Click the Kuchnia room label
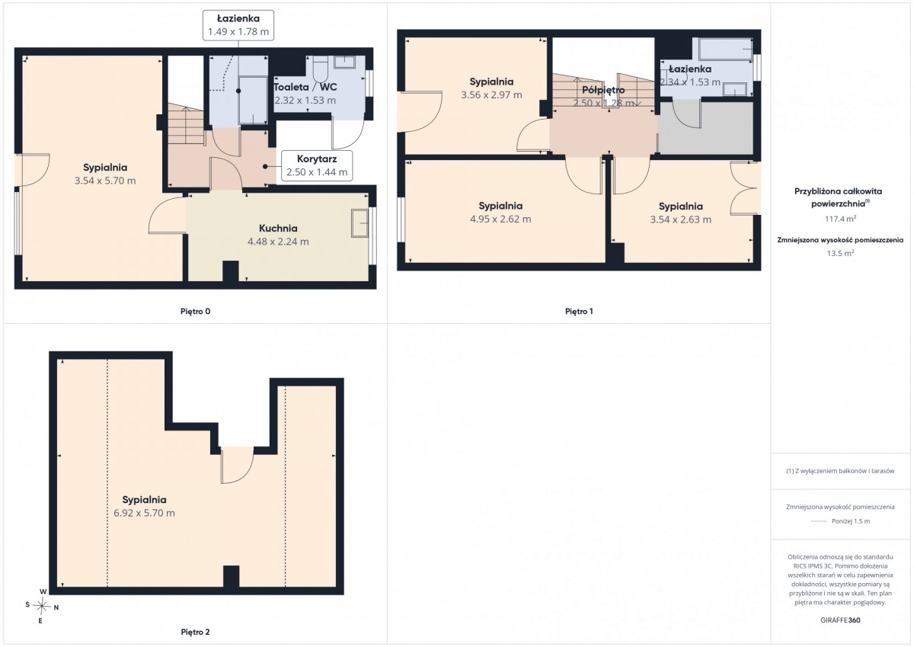click(278, 228)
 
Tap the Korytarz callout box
click(317, 165)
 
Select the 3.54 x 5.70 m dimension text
click(105, 181)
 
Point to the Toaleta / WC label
click(305, 87)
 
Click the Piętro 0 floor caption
click(196, 312)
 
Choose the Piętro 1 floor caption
click(579, 312)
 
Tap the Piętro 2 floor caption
click(196, 632)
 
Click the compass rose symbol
click(42, 606)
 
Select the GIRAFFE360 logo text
click(840, 620)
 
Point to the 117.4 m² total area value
click(840, 219)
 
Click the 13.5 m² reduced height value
click(840, 253)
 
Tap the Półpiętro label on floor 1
click(603, 90)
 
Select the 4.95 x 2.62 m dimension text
click(500, 219)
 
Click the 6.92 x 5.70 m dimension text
click(144, 513)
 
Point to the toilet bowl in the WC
click(321, 69)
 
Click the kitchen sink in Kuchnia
click(360, 223)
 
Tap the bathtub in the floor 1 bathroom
click(725, 49)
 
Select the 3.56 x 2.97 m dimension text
click(491, 95)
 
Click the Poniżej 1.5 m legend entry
click(840, 521)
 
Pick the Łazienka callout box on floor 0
click(238, 25)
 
